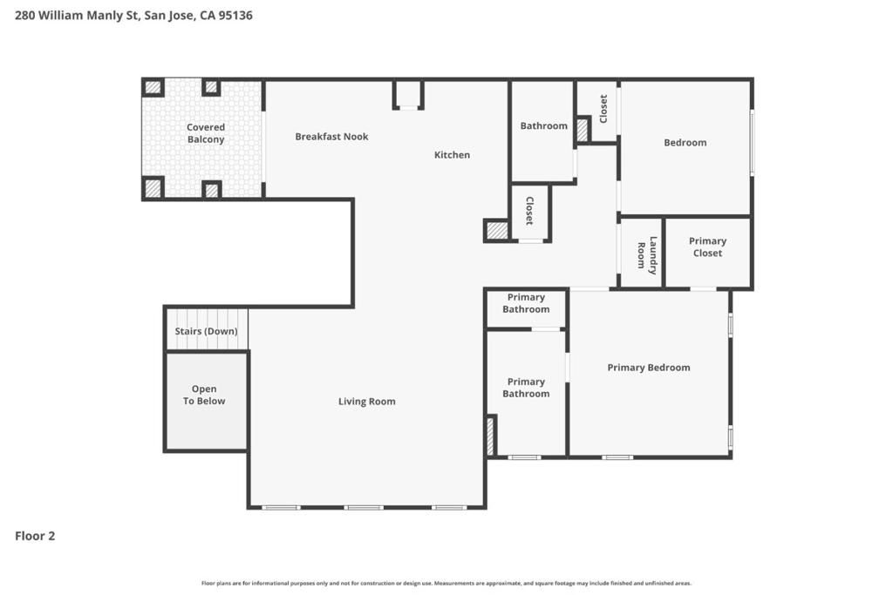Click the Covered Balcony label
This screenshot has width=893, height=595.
tap(206, 133)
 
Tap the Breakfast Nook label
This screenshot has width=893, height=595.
tap(331, 137)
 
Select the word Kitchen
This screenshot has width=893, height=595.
tap(452, 155)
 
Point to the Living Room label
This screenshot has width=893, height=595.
tap(366, 402)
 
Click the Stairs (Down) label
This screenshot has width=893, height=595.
tap(206, 331)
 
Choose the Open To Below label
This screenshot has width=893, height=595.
tap(204, 396)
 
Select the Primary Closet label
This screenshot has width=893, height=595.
tap(707, 247)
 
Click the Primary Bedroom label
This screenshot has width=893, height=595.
tap(648, 368)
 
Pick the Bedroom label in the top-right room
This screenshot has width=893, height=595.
tap(685, 143)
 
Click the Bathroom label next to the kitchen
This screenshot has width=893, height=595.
tap(543, 126)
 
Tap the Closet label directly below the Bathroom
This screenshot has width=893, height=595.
tap(528, 211)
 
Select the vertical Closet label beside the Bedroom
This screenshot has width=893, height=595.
tap(603, 108)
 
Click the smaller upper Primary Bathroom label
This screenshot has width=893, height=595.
tap(526, 303)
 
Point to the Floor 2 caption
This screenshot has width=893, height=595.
tap(35, 536)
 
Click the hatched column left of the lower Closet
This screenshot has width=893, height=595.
tap(497, 231)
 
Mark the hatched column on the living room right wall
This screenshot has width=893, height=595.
tap(490, 436)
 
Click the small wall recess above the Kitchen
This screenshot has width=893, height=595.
tap(408, 94)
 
